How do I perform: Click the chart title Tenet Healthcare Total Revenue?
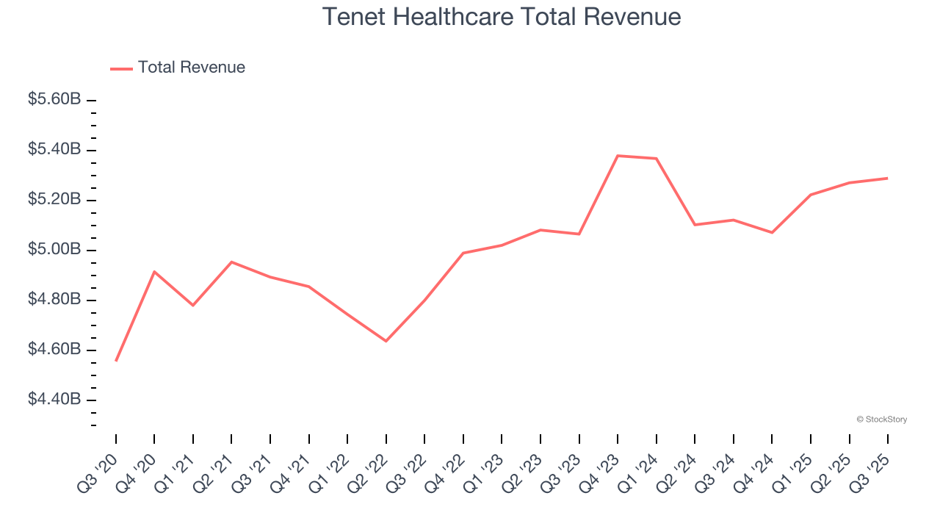pos(502,17)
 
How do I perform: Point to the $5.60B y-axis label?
pos(54,99)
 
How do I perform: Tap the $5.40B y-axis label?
pos(54,150)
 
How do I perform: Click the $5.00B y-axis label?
pos(54,250)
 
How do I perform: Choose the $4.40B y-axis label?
pos(54,400)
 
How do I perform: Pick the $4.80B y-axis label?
pos(54,300)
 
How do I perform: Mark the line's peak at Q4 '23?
pos(618,156)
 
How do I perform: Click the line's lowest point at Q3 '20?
pos(116,361)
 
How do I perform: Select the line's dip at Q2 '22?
pos(386,341)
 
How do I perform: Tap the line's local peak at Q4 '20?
pos(154,272)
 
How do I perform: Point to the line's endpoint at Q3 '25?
pos(888,178)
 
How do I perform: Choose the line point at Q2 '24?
pos(695,225)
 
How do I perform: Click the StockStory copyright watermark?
pos(881,420)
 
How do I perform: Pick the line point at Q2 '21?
pos(231,262)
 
